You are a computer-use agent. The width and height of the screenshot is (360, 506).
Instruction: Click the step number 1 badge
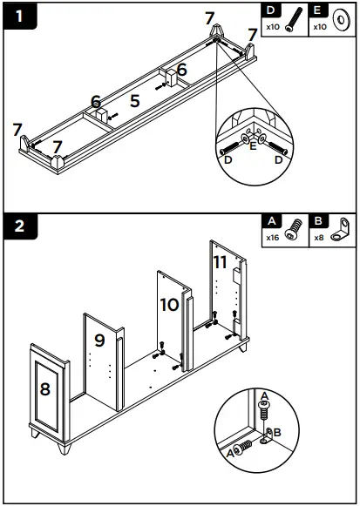20,16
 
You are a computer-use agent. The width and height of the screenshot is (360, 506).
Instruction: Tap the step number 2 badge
20,226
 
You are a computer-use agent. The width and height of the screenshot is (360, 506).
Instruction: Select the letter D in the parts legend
270,10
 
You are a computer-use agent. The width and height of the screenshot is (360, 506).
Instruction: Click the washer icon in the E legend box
341,21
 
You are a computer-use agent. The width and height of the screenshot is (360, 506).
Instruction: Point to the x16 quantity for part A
273,238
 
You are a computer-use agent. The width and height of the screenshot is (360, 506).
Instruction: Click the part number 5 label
135,101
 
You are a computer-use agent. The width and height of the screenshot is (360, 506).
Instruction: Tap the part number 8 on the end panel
44,388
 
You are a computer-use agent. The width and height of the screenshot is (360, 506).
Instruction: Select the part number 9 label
99,341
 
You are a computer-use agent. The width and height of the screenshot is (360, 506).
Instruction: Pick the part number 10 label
169,305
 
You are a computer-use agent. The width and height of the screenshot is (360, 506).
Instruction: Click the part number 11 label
221,262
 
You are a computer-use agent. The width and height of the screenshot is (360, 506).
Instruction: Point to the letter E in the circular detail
253,145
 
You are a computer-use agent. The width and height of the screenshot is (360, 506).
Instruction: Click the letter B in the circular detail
277,432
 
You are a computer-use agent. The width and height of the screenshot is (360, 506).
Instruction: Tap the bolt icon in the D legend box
294,20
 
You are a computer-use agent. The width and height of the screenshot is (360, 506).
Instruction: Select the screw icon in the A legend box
293,229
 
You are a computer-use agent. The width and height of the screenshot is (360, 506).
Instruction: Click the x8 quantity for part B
319,238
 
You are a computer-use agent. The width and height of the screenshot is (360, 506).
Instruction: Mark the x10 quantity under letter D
273,27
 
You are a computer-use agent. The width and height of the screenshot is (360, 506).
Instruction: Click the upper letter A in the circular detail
264,395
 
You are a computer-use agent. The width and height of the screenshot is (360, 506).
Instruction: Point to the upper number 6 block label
182,70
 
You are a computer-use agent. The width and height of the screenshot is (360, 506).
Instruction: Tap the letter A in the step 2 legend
272,221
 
